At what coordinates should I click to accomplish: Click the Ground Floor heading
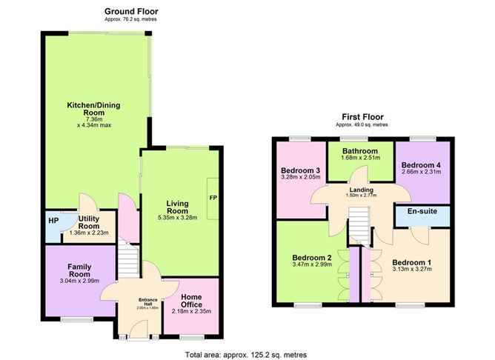pyautogui.click(x=131, y=12)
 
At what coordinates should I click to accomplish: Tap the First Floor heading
pyautogui.click(x=362, y=117)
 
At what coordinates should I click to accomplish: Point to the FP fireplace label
pyautogui.click(x=213, y=198)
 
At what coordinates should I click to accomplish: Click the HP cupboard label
pyautogui.click(x=53, y=221)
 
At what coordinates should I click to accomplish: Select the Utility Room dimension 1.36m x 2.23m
pyautogui.click(x=89, y=233)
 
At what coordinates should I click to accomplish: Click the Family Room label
pyautogui.click(x=79, y=270)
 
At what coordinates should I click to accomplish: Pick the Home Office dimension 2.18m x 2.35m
pyautogui.click(x=191, y=311)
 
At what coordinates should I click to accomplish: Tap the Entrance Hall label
pyautogui.click(x=148, y=301)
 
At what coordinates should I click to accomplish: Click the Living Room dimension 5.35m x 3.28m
pyautogui.click(x=177, y=217)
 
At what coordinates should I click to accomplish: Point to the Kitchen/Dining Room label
pyautogui.click(x=94, y=109)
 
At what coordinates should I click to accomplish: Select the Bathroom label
pyautogui.click(x=360, y=151)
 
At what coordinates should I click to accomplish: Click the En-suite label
pyautogui.click(x=422, y=211)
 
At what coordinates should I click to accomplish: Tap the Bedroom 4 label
pyautogui.click(x=421, y=165)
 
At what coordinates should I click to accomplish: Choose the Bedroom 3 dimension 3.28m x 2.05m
pyautogui.click(x=301, y=177)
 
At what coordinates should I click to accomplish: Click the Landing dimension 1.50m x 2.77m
pyautogui.click(x=361, y=196)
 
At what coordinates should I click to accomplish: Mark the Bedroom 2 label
pyautogui.click(x=312, y=258)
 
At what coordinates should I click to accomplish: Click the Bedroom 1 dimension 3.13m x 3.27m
pyautogui.click(x=412, y=269)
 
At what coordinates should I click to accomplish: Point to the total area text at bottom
pyautogui.click(x=246, y=355)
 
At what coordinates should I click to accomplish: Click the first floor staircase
pyautogui.click(x=359, y=225)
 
